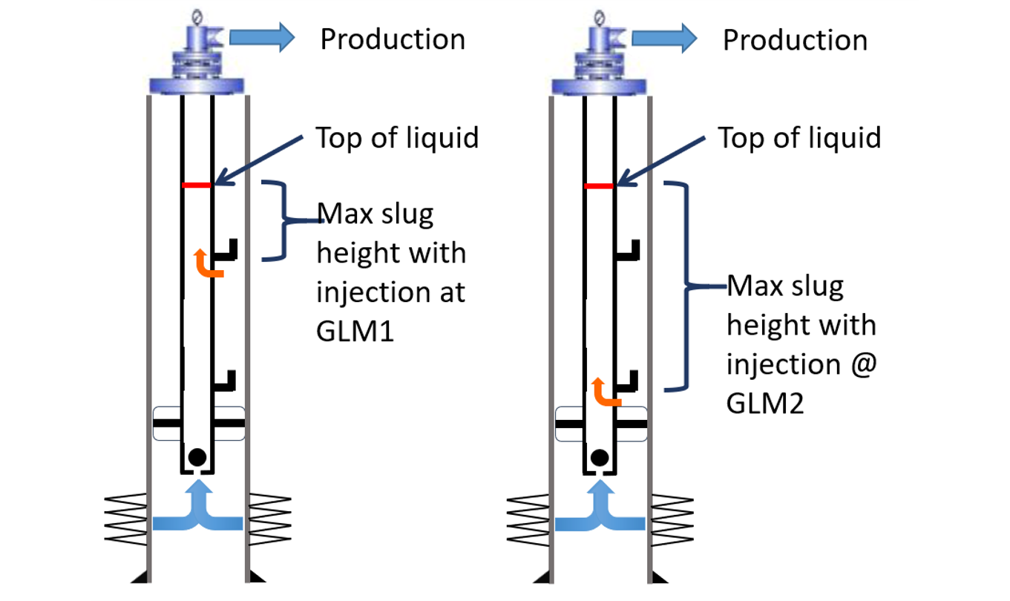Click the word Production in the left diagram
(x=393, y=39)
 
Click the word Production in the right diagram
(x=795, y=39)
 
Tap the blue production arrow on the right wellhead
(x=664, y=37)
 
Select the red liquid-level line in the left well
(x=197, y=185)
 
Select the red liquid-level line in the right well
(x=600, y=186)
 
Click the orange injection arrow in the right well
(x=606, y=392)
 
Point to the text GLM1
(x=355, y=331)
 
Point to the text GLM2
(x=765, y=404)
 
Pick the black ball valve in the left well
(x=197, y=457)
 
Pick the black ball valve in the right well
(x=599, y=457)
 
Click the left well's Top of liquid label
(x=397, y=138)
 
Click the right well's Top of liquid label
(x=799, y=138)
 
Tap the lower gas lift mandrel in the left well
(x=226, y=381)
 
